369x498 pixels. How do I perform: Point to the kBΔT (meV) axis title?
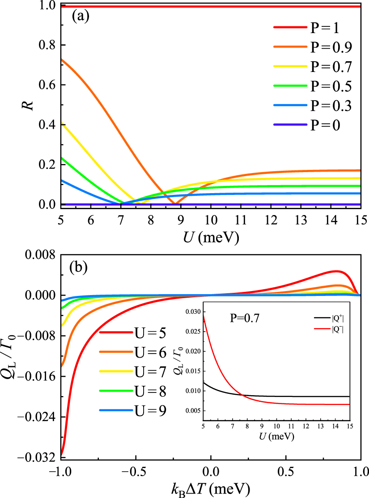pos(210,488)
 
